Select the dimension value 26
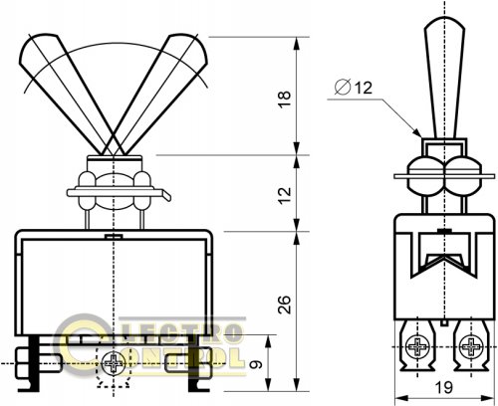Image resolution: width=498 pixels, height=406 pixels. tap(285, 304)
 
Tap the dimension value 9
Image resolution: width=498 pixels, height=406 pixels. tap(256, 364)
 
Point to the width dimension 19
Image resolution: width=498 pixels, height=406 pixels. tap(444, 387)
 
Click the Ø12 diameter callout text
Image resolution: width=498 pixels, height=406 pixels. tap(354, 88)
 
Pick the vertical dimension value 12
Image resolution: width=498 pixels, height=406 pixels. tap(285, 196)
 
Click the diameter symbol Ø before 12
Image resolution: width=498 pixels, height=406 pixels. tap(343, 88)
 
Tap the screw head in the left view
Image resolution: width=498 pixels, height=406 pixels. tap(114, 363)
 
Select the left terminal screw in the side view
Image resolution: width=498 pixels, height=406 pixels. tap(416, 346)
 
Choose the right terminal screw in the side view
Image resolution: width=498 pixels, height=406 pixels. tap(471, 346)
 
